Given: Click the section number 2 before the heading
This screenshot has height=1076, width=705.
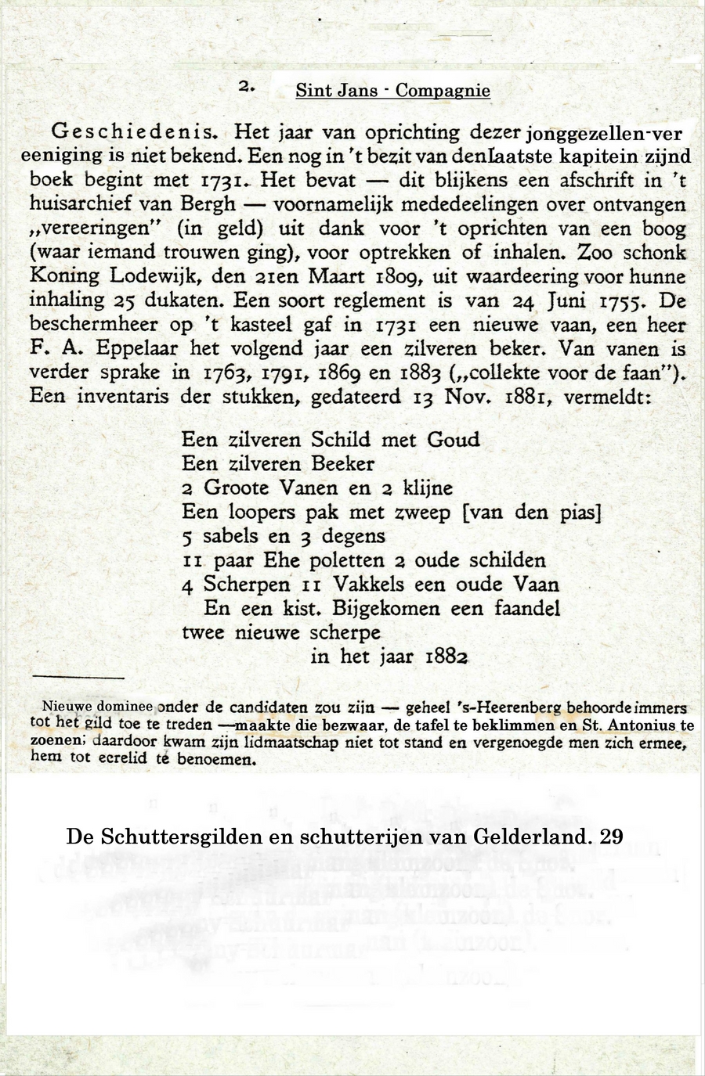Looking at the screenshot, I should coord(246,88).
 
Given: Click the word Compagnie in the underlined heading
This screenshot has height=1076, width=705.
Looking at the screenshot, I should coord(443,91).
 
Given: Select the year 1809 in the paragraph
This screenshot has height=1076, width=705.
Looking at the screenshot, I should coord(396,277).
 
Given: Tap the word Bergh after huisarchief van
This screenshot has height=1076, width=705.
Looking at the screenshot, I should coord(207,205).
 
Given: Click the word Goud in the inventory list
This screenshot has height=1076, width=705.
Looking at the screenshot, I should coord(453,440).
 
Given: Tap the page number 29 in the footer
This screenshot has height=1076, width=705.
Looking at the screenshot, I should coord(611,837).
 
